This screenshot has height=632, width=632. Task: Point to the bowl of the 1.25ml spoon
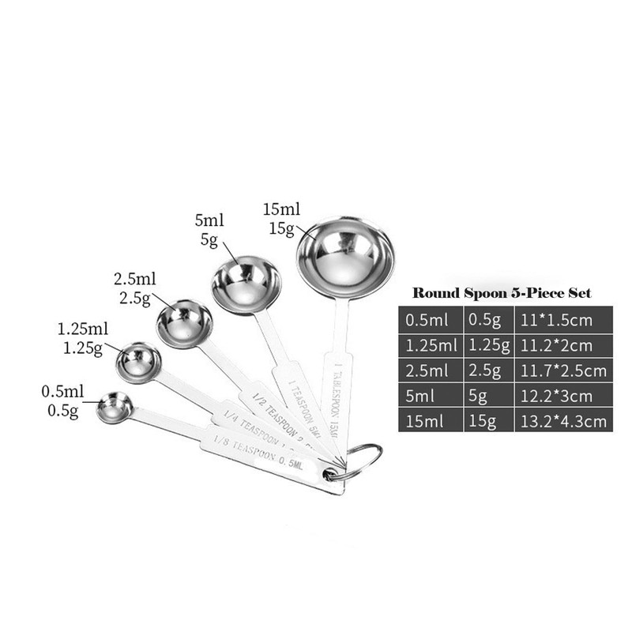[x=139, y=362]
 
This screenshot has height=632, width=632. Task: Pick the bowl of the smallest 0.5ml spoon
[x=114, y=407]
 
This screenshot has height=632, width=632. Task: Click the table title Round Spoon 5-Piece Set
[x=502, y=293]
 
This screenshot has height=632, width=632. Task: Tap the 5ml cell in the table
[x=428, y=396]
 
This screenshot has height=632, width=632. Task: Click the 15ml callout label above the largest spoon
[x=281, y=211]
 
